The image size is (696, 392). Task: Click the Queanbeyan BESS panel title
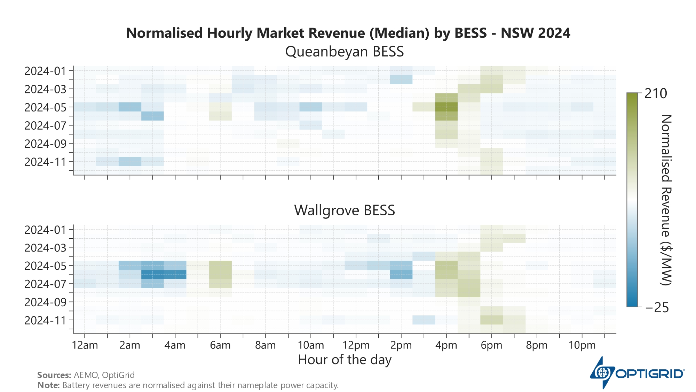pyautogui.click(x=344, y=52)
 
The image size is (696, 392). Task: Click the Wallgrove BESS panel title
pyautogui.click(x=344, y=210)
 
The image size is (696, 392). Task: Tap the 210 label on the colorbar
pyautogui.click(x=656, y=94)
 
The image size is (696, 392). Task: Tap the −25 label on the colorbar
pyautogui.click(x=657, y=308)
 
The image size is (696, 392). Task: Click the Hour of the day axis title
pyautogui.click(x=345, y=360)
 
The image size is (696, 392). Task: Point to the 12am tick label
pyautogui.click(x=85, y=345)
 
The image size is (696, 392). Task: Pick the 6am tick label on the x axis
pyautogui.click(x=220, y=345)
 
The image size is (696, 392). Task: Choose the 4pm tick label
pyautogui.click(x=446, y=345)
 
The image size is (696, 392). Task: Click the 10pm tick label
pyautogui.click(x=582, y=345)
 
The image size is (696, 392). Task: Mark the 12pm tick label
pyautogui.click(x=356, y=345)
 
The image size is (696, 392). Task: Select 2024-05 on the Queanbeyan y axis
pyautogui.click(x=45, y=107)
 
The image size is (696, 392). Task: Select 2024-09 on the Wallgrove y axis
pyautogui.click(x=45, y=302)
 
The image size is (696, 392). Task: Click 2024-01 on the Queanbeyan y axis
pyautogui.click(x=45, y=71)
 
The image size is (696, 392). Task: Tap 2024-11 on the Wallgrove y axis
pyautogui.click(x=45, y=320)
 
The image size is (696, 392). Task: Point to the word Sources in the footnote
pyautogui.click(x=54, y=375)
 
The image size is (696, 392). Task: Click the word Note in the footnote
pyautogui.click(x=48, y=385)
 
